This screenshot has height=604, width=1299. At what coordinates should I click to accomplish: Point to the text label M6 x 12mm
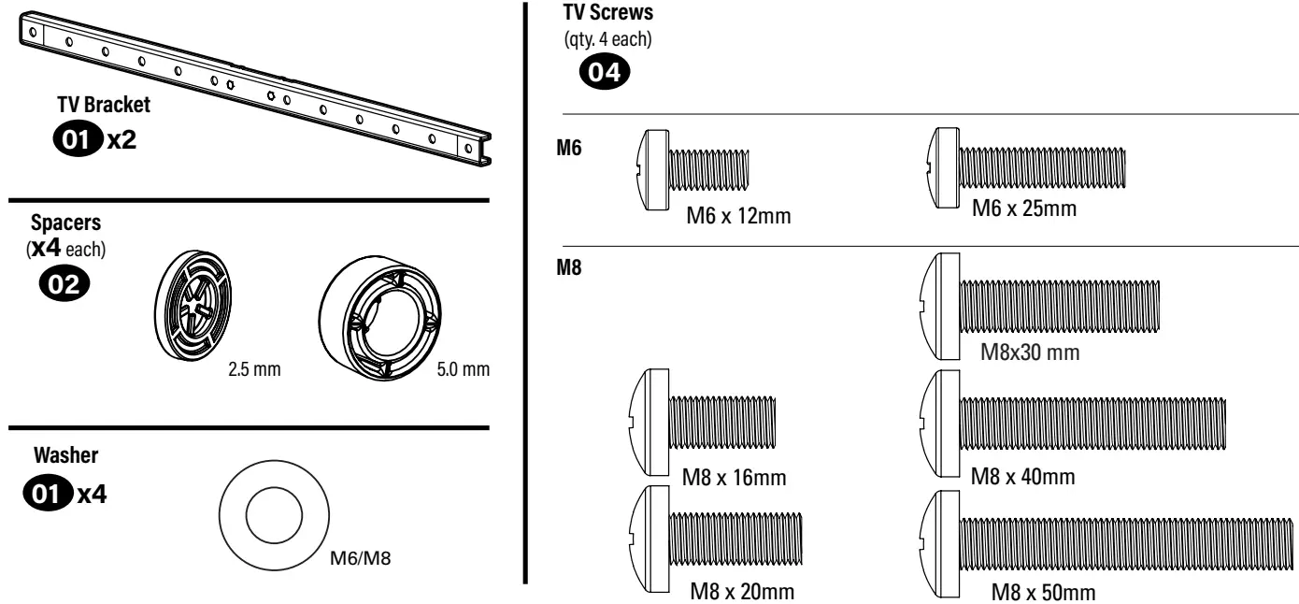click(739, 216)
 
